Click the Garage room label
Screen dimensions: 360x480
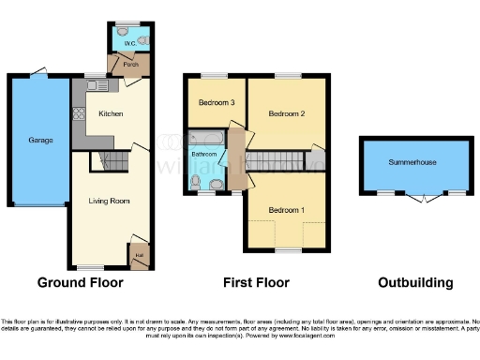pos(40,141)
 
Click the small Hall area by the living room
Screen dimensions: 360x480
pos(139,251)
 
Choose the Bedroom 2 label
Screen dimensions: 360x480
pos(287,114)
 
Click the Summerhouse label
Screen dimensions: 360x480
pos(412,162)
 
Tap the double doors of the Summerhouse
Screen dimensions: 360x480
pos(422,197)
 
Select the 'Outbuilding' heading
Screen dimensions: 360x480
pos(414,282)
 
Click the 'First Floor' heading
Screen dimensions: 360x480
pos(256,282)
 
